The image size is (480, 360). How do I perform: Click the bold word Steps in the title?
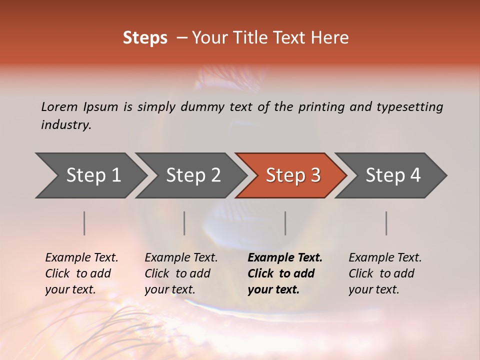click(x=145, y=38)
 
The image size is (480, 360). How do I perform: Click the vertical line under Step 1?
click(x=84, y=223)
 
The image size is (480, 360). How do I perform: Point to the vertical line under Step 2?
click(x=184, y=223)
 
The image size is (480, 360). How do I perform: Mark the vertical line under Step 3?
click(x=285, y=223)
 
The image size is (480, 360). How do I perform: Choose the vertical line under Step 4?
click(x=386, y=223)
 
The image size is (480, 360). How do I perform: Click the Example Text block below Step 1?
click(x=81, y=273)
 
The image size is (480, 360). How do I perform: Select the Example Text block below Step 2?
click(x=181, y=273)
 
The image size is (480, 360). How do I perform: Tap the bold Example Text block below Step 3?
click(x=285, y=273)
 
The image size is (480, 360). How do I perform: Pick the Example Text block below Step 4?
click(x=385, y=273)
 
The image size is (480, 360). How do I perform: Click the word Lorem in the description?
click(x=59, y=106)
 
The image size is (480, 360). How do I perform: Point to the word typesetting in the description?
click(x=409, y=107)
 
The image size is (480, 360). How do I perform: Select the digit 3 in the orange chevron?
click(x=315, y=175)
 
